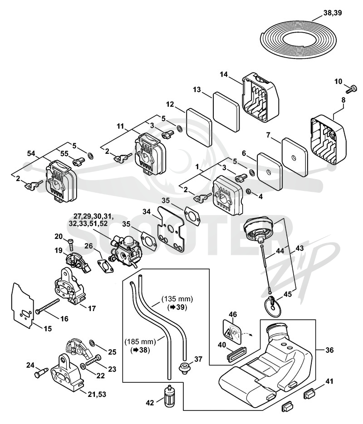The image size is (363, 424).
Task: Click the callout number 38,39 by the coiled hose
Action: tap(333, 13)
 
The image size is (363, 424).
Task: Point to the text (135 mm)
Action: tap(177, 299)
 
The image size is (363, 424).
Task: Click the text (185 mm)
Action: tap(140, 341)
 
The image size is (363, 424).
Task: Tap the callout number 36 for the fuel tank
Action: tap(329, 350)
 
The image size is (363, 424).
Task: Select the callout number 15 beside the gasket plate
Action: tap(47, 329)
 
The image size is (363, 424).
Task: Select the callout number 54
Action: tap(31, 153)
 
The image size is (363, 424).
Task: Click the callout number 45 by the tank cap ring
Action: tap(288, 294)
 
